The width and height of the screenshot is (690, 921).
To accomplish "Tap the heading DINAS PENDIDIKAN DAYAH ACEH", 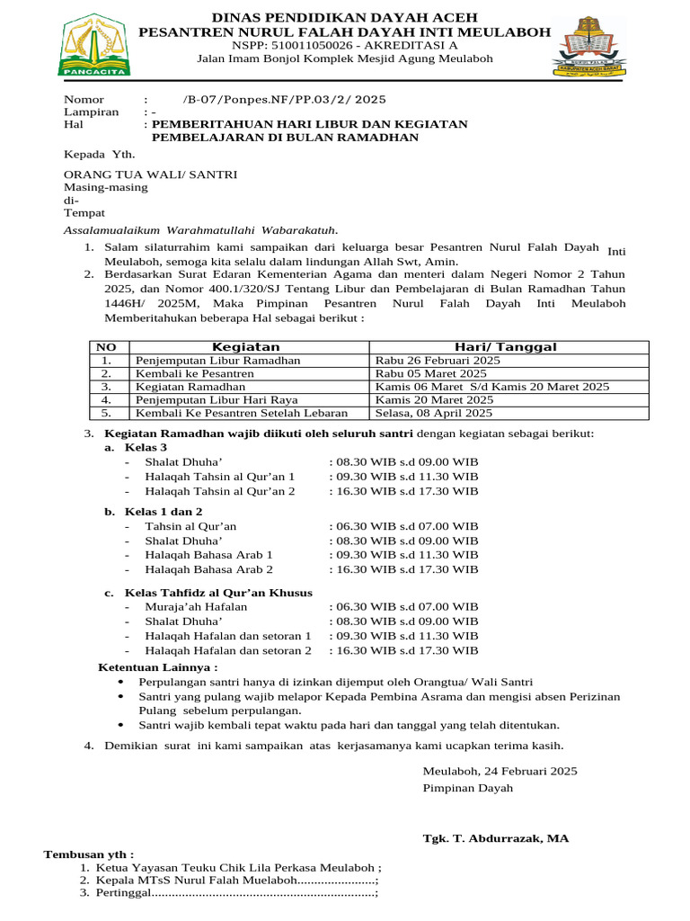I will click(345, 17).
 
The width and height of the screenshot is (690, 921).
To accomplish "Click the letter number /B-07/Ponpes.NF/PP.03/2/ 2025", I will click(284, 99).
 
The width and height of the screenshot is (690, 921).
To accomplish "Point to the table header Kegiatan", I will click(245, 347).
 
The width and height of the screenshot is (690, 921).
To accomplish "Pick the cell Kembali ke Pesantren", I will click(194, 373).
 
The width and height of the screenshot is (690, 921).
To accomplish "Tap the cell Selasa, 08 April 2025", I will click(434, 414).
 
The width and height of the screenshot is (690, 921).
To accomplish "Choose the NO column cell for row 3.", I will click(106, 387).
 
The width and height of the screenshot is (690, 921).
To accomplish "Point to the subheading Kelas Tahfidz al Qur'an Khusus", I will click(218, 593).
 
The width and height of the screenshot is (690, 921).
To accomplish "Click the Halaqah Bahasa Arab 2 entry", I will click(208, 569).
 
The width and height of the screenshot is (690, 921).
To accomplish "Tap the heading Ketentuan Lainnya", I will click(157, 667).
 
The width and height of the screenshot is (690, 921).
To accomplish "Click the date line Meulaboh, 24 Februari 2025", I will click(500, 771).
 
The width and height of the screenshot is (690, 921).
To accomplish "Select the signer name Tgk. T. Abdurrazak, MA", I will click(495, 838).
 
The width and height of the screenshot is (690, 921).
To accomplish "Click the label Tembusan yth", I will click(89, 854).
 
